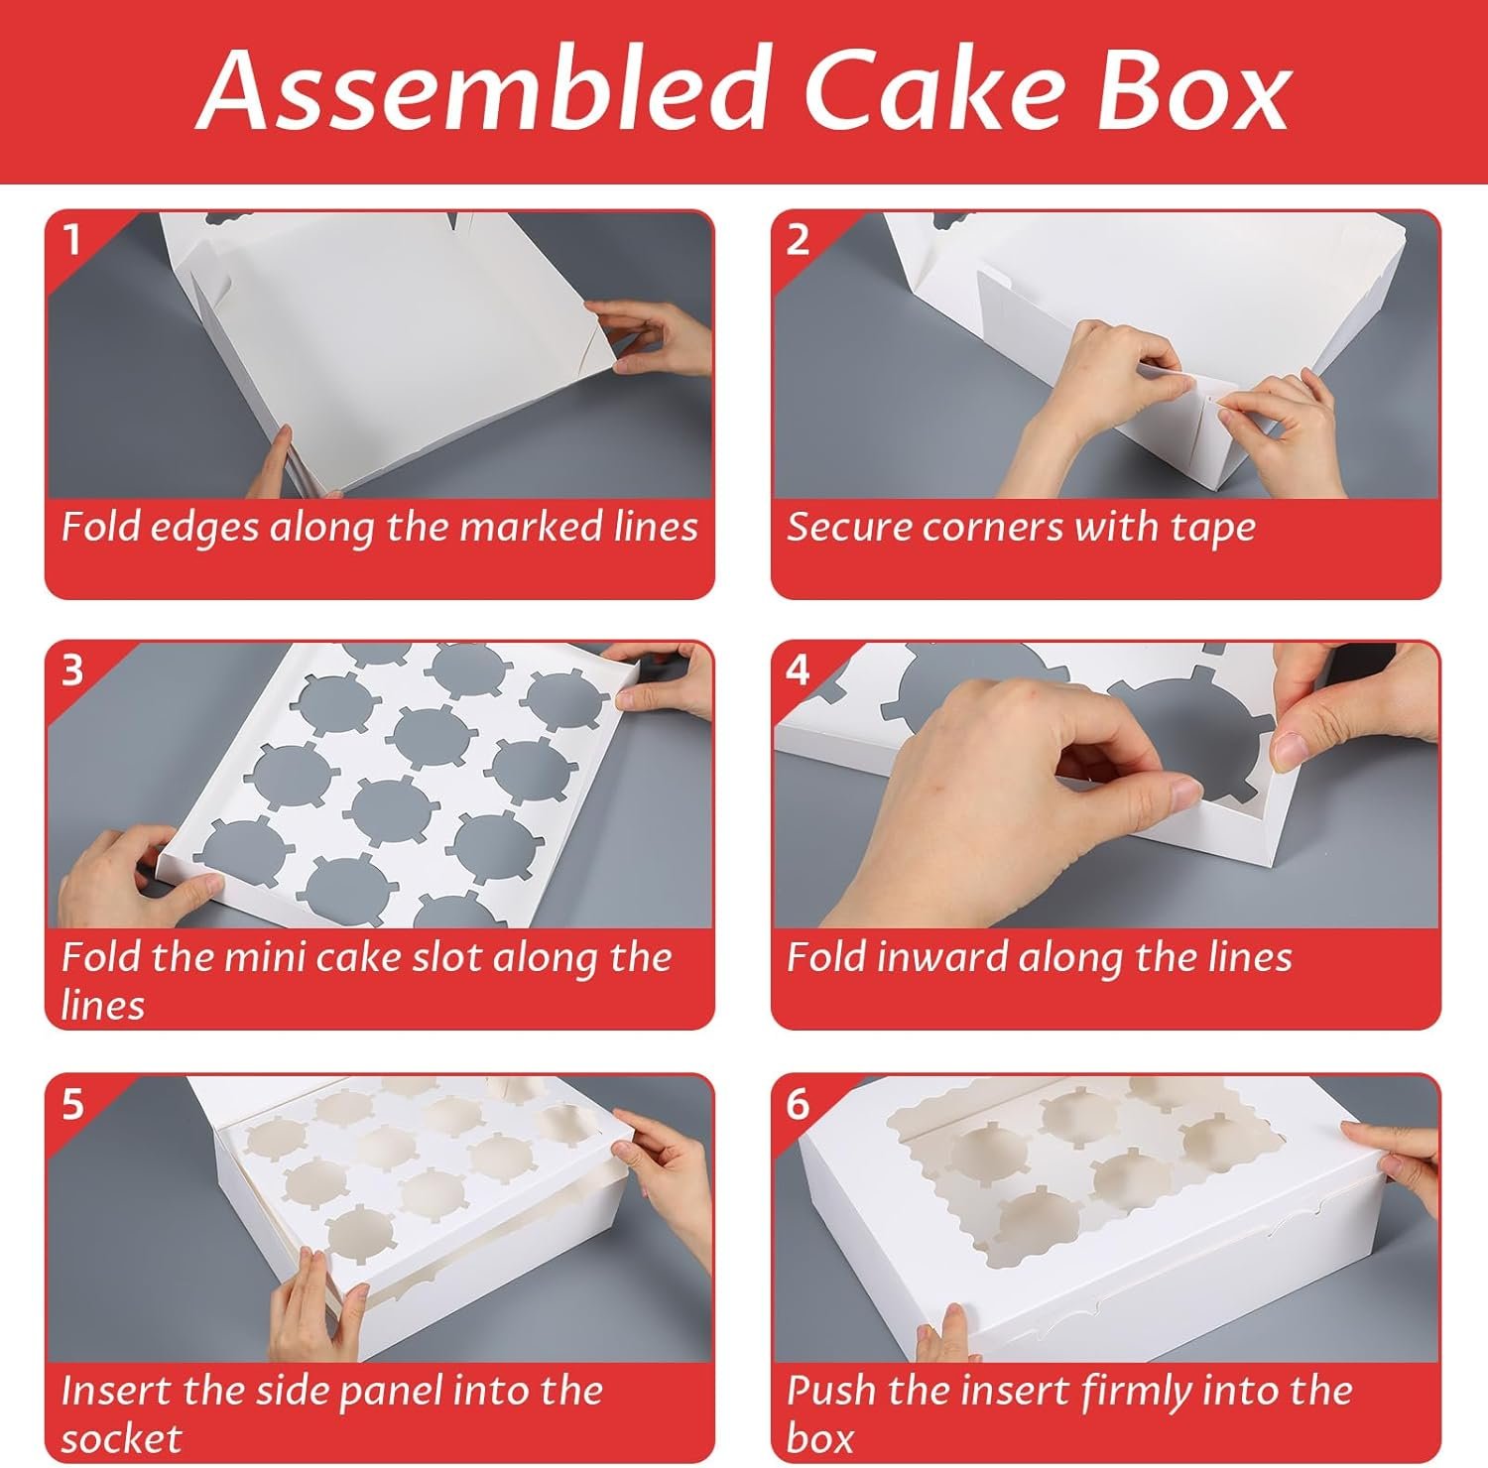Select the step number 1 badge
71,239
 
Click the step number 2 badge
798,239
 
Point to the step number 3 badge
71,671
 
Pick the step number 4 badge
798,671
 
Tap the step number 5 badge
71,1103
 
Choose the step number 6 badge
798,1103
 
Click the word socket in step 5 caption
121,1438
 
